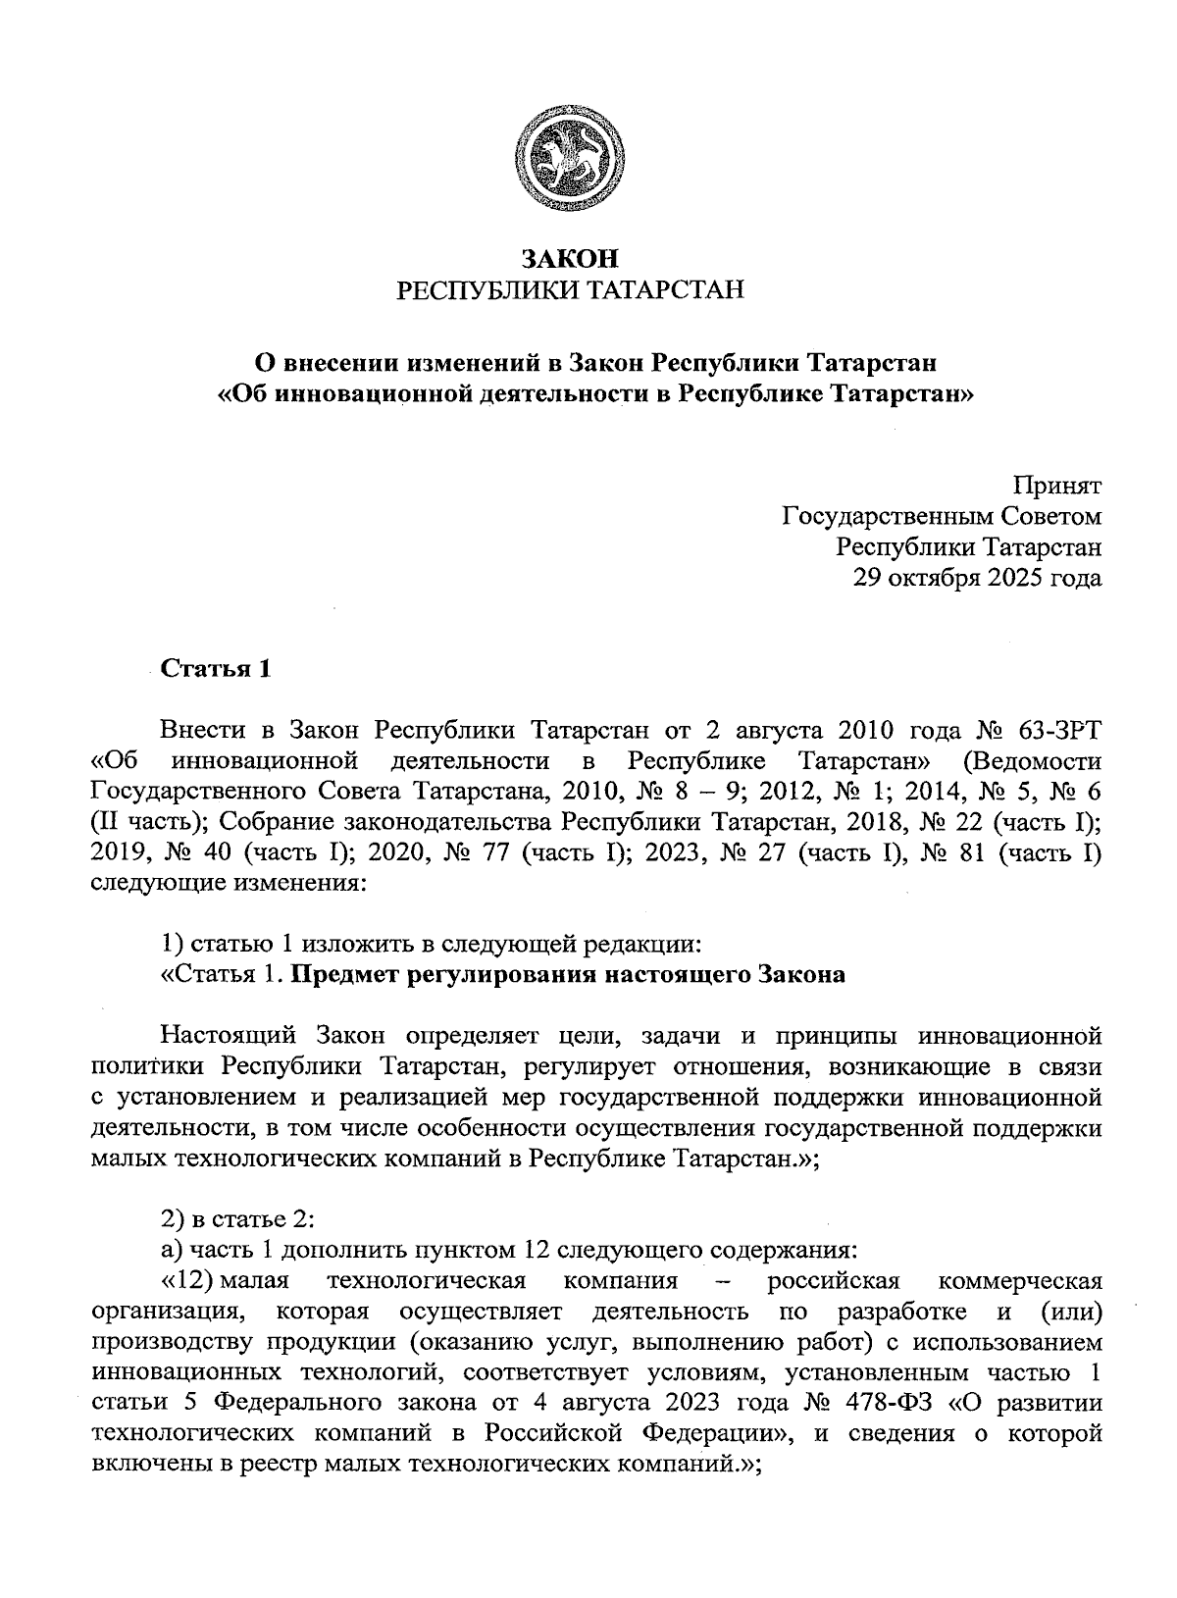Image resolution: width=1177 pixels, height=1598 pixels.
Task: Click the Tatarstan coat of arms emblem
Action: coord(570,161)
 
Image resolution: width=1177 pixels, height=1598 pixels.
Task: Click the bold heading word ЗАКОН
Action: coord(570,259)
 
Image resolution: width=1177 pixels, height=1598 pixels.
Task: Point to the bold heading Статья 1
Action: coord(215,669)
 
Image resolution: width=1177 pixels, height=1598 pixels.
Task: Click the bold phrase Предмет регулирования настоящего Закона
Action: coord(568,975)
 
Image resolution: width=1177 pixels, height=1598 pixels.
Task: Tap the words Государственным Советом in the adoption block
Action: coord(941,516)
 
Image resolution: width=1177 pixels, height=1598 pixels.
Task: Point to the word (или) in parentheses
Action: coord(1068,1312)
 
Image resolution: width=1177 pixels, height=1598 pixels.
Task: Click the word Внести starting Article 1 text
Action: coord(202,731)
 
